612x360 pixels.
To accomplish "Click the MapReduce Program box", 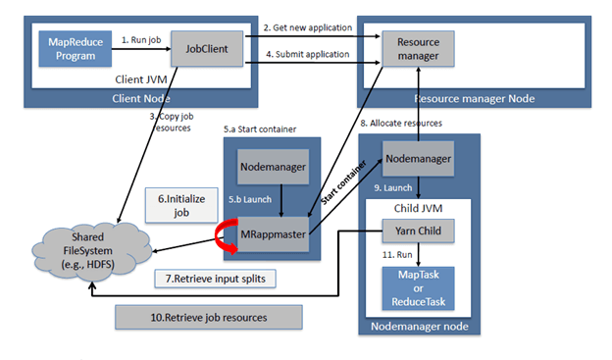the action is coord(76,49).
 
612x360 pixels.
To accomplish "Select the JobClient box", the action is coord(207,49).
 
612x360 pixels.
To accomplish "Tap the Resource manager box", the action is coord(418,49).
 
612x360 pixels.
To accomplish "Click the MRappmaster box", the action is coord(274,234).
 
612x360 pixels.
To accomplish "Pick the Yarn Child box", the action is coord(418,231).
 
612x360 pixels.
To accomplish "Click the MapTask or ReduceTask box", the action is coord(418,288).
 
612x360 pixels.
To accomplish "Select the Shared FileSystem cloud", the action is coord(91,252).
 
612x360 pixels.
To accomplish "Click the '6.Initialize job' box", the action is coord(181,205).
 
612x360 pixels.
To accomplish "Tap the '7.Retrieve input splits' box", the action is coord(215,279).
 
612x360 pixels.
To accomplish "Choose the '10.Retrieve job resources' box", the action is coord(209,317).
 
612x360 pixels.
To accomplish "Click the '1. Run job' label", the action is coord(141,40).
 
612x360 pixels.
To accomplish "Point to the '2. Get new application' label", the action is coord(308,27).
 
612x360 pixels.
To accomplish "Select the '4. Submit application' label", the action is coord(308,54).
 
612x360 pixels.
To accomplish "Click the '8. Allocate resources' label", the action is coord(401,123).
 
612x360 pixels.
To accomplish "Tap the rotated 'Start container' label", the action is coord(343,182).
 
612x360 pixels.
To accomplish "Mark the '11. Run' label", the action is coord(397,255).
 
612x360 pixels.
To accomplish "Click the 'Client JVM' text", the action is coord(141,79).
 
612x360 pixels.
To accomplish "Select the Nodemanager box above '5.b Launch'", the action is coord(274,167).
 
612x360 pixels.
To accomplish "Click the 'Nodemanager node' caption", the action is coord(420,326).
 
